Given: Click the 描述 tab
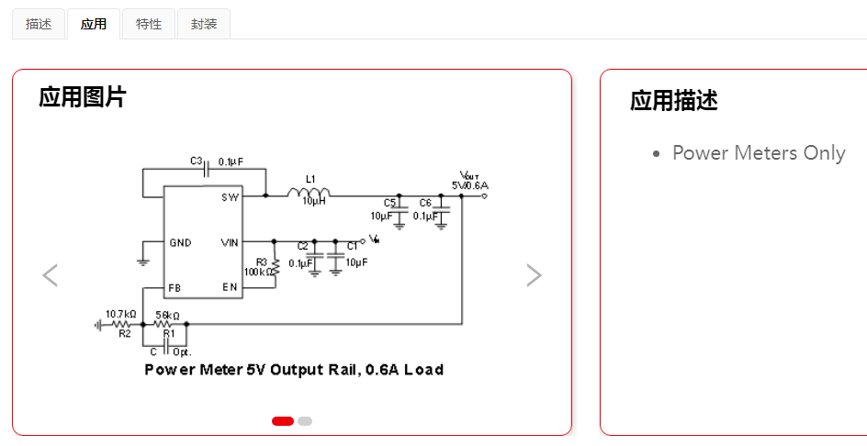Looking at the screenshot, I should coord(39,25).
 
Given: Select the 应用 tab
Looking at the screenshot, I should coord(94,25).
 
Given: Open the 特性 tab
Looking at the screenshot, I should coord(149,25).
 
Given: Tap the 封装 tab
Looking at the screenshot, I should coord(204,25).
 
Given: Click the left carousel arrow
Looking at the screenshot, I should coord(51,275).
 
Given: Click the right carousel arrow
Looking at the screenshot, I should coord(534,275).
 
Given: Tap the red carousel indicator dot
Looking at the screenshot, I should coord(283,421).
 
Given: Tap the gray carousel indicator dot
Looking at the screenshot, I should coord(305,421).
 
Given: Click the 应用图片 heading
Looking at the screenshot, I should coord(83,97).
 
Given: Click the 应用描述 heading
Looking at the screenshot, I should coord(673,101).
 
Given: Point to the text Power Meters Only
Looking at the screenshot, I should coord(759,153).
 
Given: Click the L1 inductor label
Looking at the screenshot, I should coord(310,179).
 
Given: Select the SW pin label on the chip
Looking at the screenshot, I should coord(230,197).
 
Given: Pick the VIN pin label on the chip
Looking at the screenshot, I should coord(230,243).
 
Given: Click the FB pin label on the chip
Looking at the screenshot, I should coord(175,288).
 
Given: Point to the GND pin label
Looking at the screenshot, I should coord(180,243).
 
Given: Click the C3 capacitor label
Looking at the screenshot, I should coord(196,161).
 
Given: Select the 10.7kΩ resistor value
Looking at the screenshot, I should coord(121,314).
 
